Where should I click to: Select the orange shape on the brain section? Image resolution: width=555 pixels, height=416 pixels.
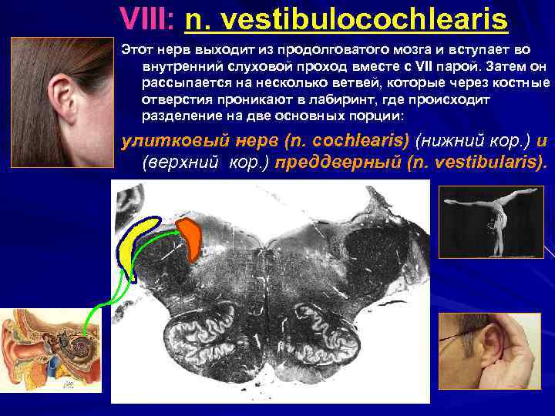click(190, 236)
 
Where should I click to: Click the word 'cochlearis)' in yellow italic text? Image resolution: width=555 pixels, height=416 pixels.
click(354, 142)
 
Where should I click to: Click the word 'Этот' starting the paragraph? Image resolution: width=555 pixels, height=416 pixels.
click(137, 49)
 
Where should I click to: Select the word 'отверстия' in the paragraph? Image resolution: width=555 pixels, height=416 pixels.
click(171, 100)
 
